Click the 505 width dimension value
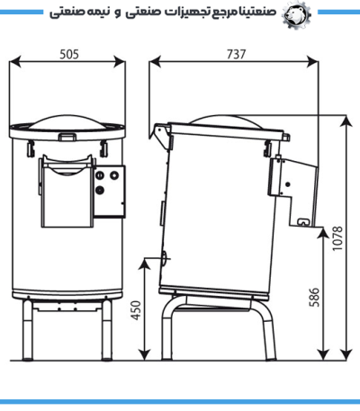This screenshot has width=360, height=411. point(69,55)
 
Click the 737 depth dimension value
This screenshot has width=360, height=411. point(236,55)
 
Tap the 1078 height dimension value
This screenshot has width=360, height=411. point(337,238)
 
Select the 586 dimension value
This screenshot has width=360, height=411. point(314,298)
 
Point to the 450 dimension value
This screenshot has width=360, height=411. point(137,310)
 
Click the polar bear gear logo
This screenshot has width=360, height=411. point(296,14)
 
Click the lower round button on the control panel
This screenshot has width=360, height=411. point(99,190)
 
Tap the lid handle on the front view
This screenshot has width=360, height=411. point(67,137)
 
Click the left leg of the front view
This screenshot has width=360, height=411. point(27,330)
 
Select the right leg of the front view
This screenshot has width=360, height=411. point(107,330)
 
